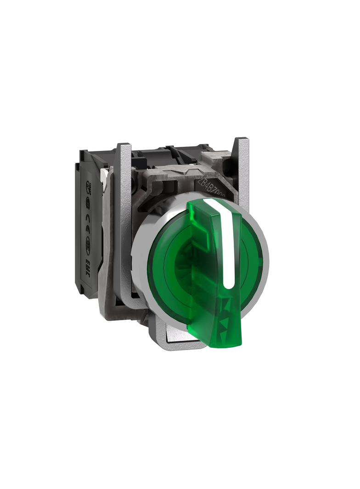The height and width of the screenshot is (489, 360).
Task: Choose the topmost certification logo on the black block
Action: click(89, 188)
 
